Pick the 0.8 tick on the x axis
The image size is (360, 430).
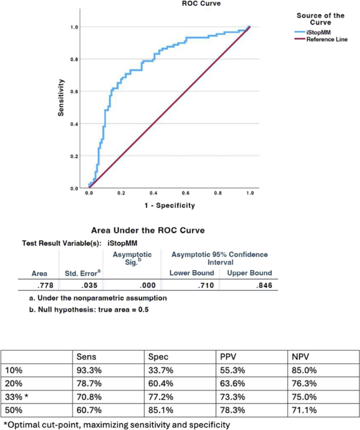217,193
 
